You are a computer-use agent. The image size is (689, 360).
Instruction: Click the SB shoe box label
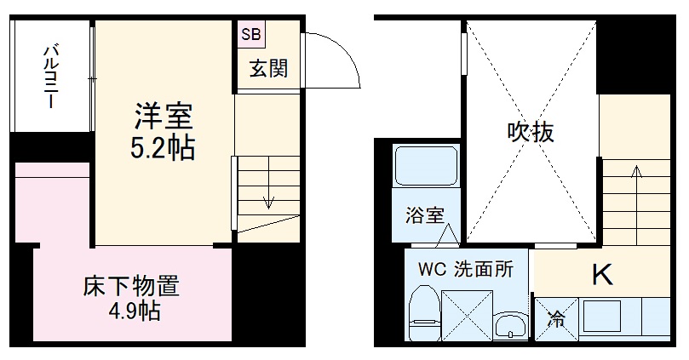click(x=252, y=35)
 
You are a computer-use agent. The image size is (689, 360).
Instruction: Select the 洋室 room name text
click(x=163, y=116)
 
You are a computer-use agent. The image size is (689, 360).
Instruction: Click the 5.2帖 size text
click(x=163, y=148)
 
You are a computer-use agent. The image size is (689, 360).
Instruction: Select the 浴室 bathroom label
click(x=424, y=215)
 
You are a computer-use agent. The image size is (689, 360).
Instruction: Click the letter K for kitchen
click(x=602, y=274)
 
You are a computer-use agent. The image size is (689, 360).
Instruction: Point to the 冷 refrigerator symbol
click(x=555, y=320)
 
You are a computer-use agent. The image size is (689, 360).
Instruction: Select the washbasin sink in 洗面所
click(x=510, y=324)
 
